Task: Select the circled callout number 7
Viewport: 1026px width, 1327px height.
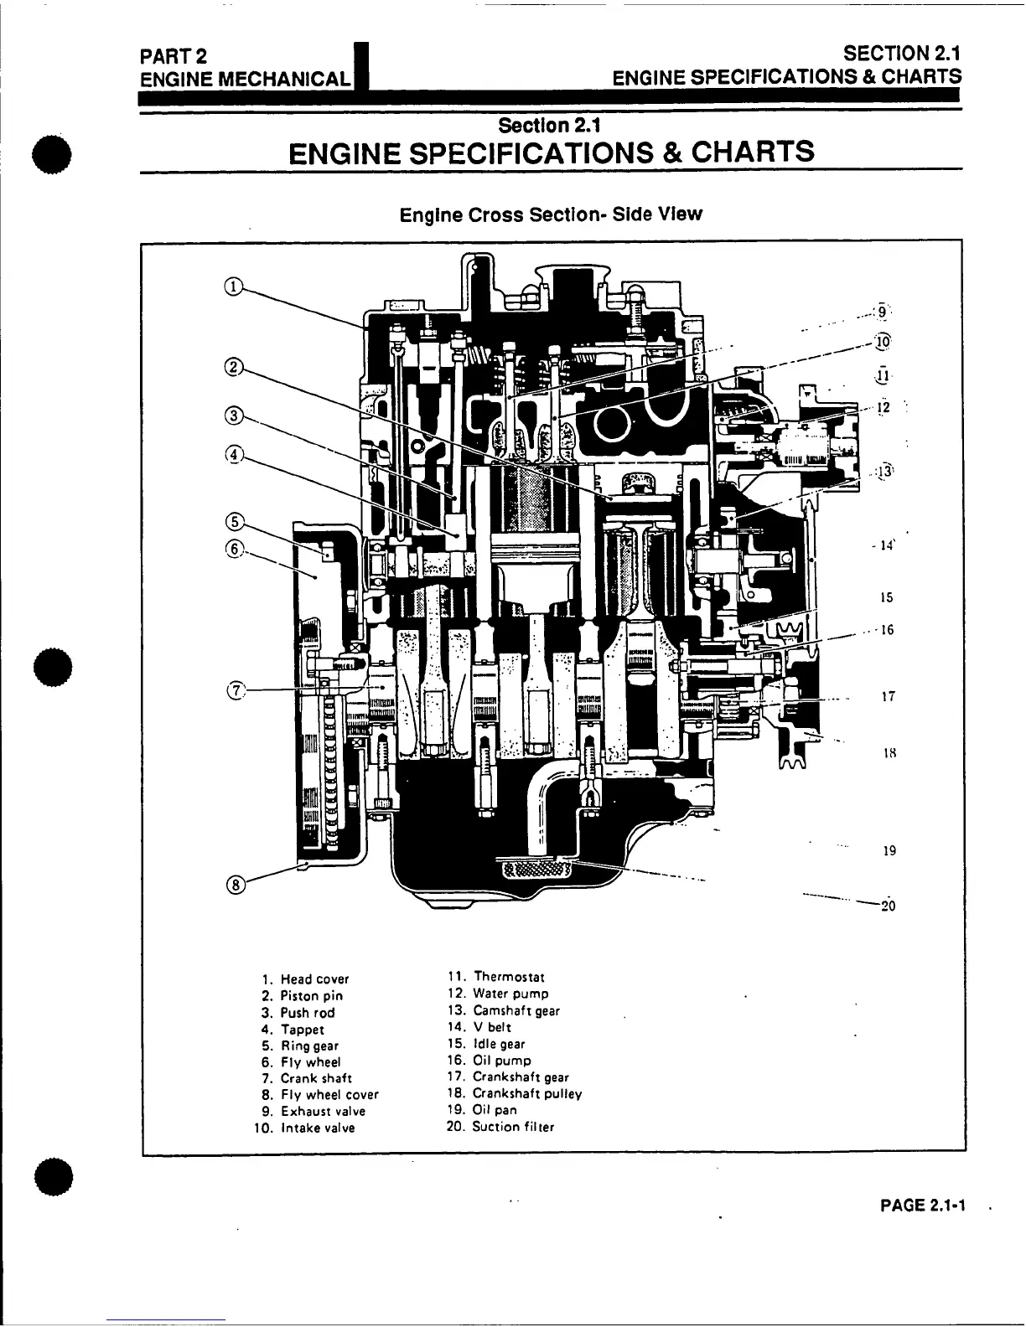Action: [x=237, y=690]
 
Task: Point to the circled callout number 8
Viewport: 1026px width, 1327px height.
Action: [x=236, y=885]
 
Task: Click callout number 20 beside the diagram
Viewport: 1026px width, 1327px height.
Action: [x=889, y=906]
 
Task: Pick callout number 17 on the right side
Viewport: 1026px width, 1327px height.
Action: [x=889, y=696]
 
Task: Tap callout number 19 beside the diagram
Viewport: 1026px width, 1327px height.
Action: [x=889, y=851]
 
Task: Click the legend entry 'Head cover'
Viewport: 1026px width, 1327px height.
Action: [x=314, y=979]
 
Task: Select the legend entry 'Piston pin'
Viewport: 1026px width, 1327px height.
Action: [x=311, y=996]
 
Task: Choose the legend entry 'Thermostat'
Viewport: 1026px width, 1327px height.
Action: [x=508, y=977]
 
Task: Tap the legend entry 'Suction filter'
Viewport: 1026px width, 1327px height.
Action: [x=512, y=1127]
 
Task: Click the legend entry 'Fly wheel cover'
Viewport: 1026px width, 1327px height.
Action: [x=329, y=1095]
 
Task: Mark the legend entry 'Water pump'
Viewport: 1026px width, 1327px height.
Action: [x=510, y=994]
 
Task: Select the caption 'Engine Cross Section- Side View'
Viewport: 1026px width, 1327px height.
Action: [x=551, y=214]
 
